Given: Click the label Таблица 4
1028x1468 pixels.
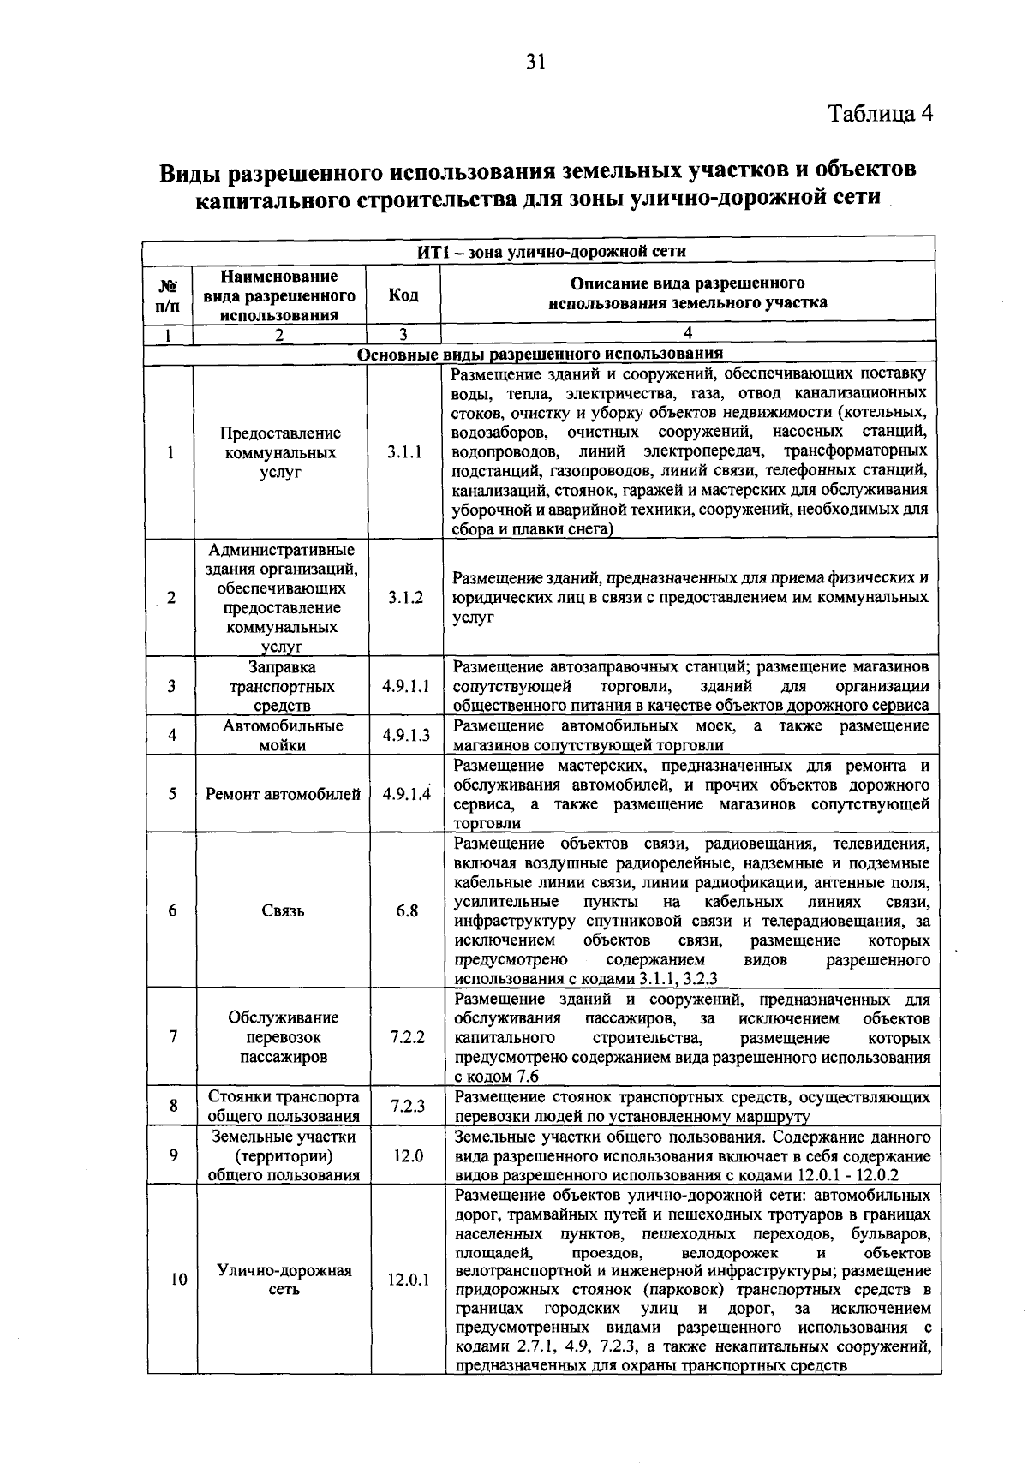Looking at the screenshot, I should (880, 114).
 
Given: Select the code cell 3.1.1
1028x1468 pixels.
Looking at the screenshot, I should (403, 452).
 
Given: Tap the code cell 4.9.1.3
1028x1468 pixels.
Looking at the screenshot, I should (406, 735).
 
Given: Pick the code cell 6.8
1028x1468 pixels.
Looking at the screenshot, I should (407, 910).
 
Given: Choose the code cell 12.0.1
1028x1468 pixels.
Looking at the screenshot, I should (408, 1280).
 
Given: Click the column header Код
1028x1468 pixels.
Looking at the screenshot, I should (403, 295).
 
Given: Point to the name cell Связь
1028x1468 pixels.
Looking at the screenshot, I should (283, 910).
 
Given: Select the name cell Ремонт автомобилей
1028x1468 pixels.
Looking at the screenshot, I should (283, 794).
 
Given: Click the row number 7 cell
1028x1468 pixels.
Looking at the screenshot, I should (173, 1037).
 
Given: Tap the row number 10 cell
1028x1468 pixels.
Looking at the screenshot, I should (177, 1280).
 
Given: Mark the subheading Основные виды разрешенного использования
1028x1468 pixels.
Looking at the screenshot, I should (540, 354).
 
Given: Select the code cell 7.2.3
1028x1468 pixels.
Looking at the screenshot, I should (408, 1106).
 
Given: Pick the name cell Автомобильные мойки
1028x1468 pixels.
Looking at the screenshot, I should (283, 735).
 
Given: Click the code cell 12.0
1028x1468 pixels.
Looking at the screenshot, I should (408, 1155).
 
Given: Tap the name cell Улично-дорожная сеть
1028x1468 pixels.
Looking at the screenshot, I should (284, 1280).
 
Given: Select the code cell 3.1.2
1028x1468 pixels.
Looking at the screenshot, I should (404, 598).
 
